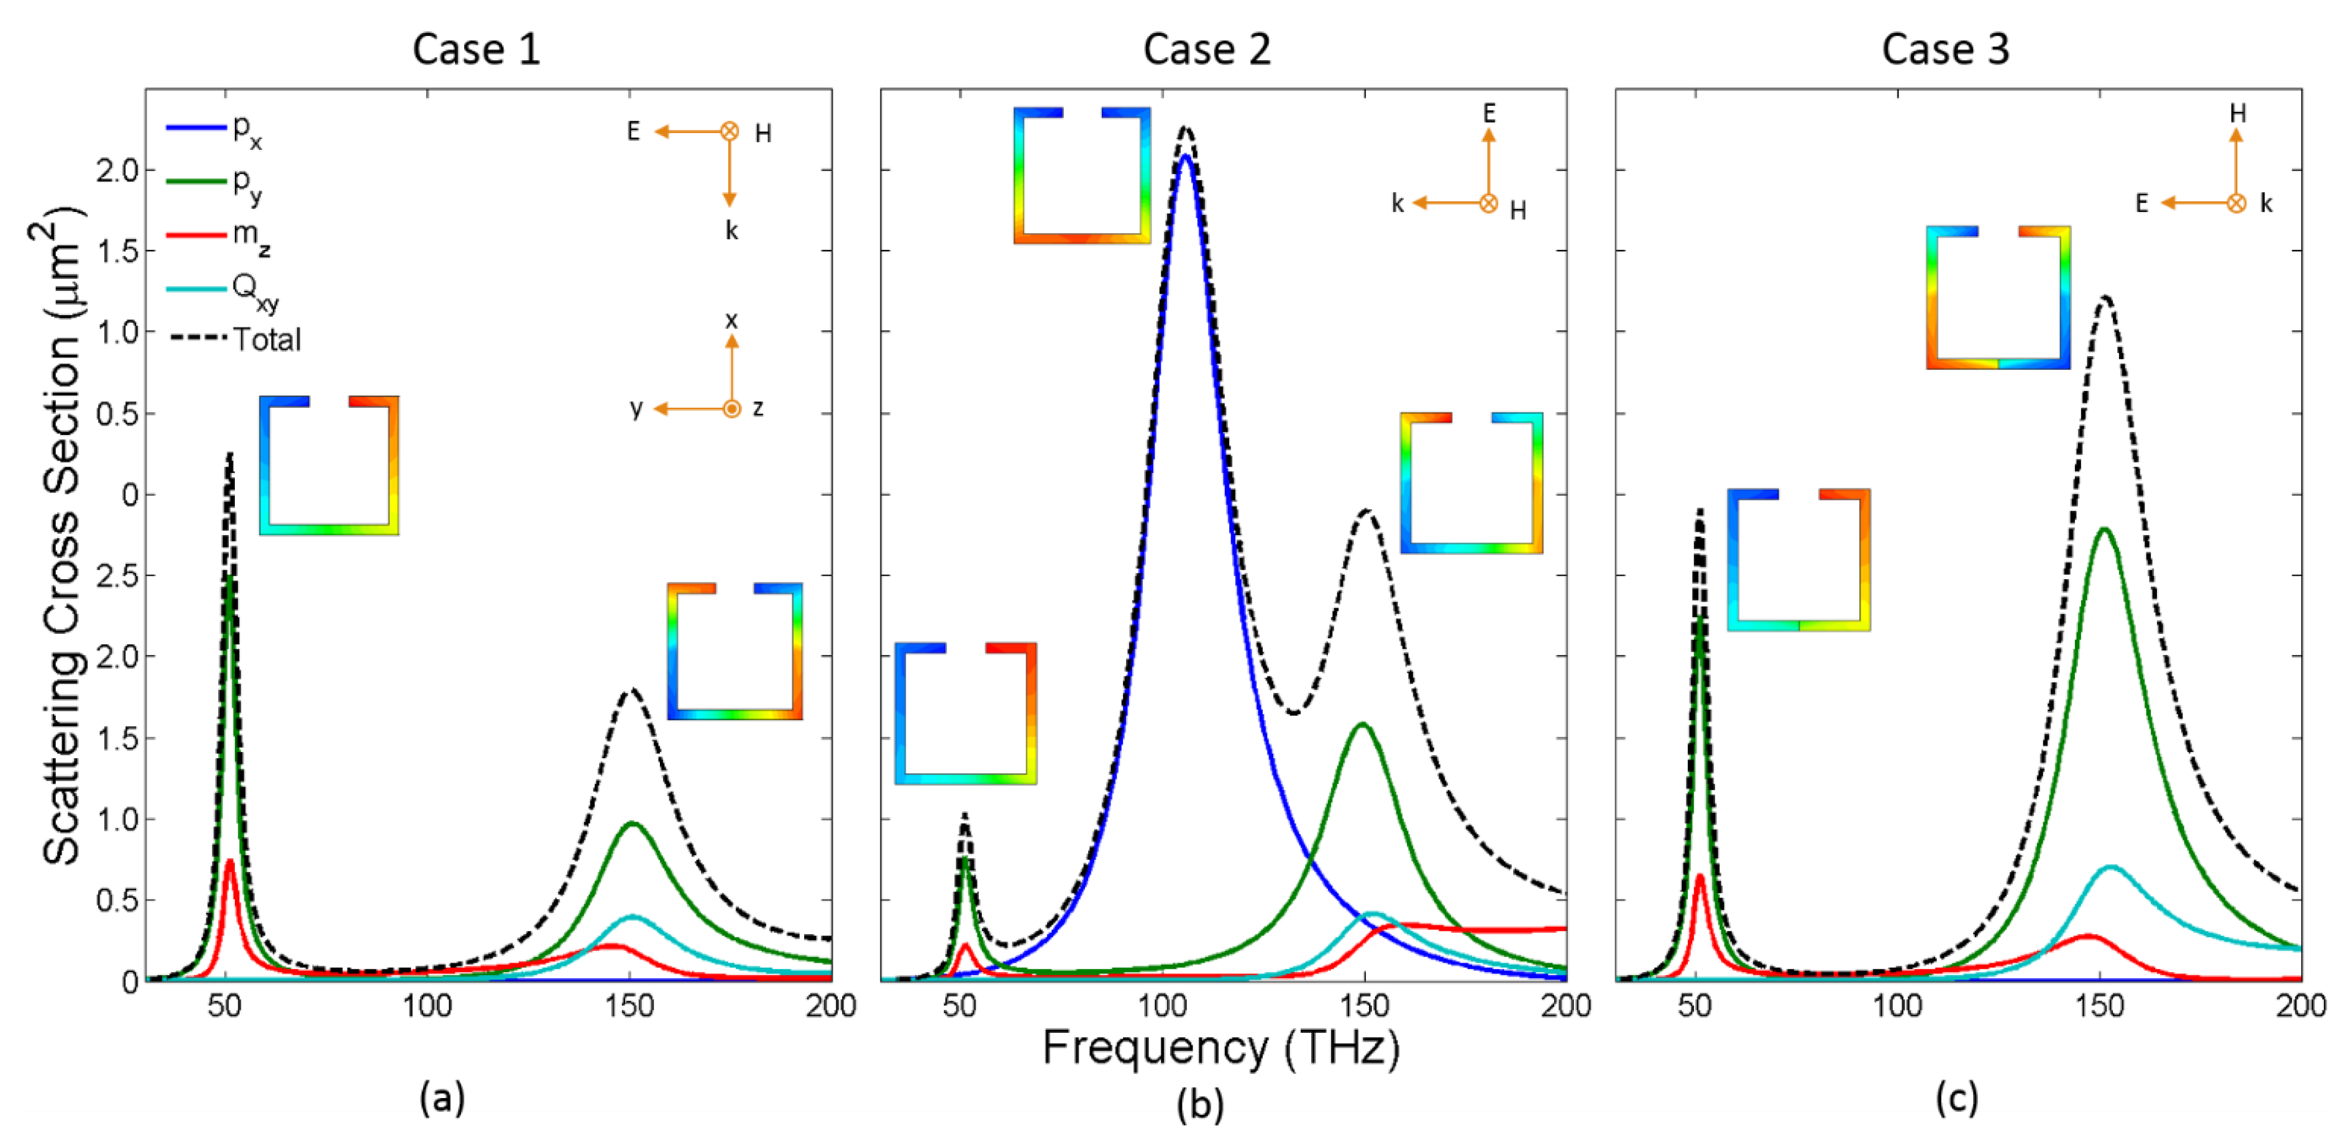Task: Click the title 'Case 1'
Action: [476, 49]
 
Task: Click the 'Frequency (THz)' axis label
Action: [1220, 1049]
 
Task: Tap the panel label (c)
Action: [1955, 1098]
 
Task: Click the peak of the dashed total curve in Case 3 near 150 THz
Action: [2105, 297]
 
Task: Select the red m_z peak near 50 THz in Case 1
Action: [230, 861]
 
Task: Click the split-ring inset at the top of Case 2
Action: [1081, 175]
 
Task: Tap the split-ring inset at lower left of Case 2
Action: [965, 713]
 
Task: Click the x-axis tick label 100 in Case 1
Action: [427, 1006]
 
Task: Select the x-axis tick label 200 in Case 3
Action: [2300, 1006]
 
